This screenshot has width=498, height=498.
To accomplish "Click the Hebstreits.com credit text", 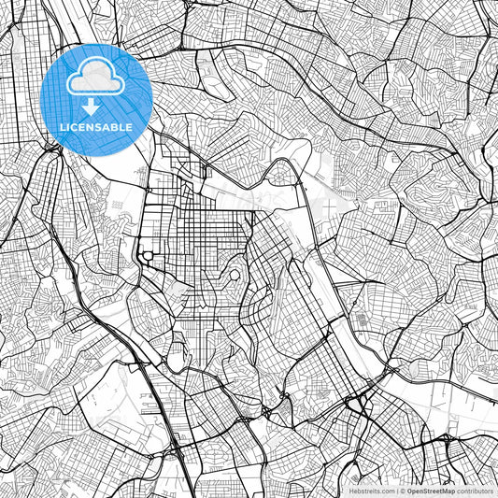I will [x=372, y=490].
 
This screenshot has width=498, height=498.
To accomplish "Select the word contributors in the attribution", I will [x=476, y=490].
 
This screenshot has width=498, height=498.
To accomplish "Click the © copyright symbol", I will [x=402, y=490].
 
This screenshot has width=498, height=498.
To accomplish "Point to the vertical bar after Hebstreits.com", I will [x=396, y=490].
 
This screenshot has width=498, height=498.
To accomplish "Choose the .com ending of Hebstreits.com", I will [x=386, y=490].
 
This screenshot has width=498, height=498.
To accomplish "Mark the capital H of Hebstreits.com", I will [x=352, y=490].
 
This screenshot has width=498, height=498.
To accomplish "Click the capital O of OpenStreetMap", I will [x=409, y=490].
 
